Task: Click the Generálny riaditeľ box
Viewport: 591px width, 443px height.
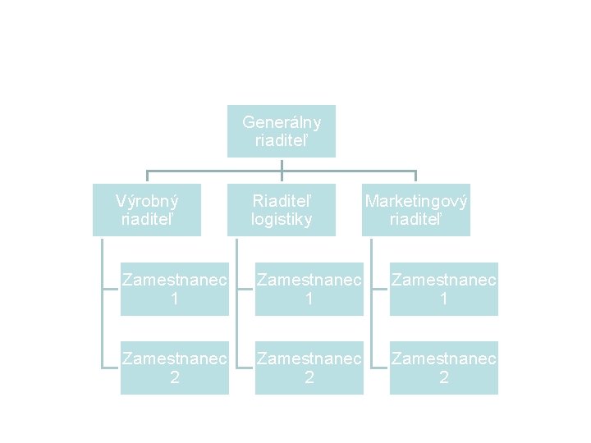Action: (282, 131)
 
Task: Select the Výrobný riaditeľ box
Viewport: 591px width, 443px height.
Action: (147, 210)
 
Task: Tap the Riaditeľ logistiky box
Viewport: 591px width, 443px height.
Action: (282, 210)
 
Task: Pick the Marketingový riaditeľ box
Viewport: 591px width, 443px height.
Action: (416, 210)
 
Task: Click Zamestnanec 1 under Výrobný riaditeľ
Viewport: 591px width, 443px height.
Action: (175, 290)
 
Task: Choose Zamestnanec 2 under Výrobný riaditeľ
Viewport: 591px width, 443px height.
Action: (175, 368)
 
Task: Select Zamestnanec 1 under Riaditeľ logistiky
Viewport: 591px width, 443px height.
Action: (309, 290)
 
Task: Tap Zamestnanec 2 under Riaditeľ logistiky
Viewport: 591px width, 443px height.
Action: (309, 368)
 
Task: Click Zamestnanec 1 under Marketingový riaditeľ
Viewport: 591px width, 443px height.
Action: (444, 290)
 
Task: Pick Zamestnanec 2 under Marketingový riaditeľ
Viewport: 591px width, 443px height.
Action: (444, 368)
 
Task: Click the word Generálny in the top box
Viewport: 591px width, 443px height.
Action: (282, 123)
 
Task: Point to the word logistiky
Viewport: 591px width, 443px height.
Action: (282, 219)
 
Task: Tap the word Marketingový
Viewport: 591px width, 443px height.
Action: (416, 201)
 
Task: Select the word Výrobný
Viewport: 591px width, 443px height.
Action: (147, 201)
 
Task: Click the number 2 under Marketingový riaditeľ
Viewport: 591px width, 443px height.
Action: (444, 377)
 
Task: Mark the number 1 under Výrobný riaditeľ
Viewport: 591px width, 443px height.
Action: (175, 299)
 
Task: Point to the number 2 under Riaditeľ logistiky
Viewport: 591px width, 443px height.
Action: (309, 377)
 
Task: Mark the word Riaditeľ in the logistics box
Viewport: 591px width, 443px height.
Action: (282, 201)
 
